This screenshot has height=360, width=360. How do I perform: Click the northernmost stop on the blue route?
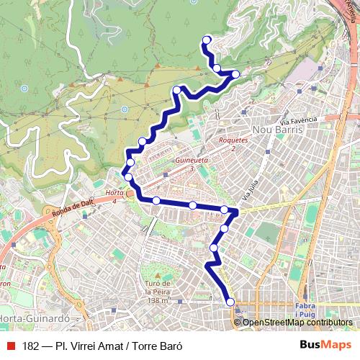(207, 40)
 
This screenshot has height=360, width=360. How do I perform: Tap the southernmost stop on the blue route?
(230, 302)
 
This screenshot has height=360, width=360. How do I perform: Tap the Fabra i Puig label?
(306, 310)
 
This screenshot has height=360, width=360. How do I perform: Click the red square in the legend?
(9, 346)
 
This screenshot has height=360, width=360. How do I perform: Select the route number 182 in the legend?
(30, 346)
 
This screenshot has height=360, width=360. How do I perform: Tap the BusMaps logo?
(320, 345)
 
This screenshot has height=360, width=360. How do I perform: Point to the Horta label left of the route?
(113, 194)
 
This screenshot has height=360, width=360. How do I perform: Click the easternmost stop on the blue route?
(235, 73)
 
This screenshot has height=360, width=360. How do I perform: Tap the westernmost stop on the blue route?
(127, 176)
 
